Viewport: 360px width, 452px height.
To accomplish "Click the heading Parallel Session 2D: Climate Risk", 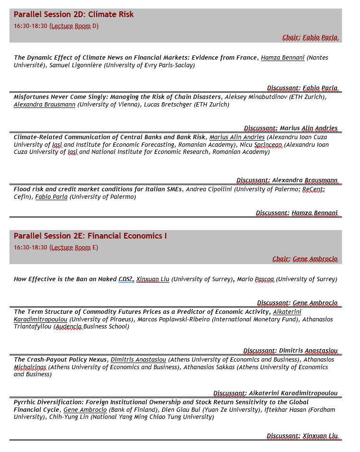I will click(73, 15).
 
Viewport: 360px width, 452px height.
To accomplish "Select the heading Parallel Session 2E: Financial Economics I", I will click(90, 236).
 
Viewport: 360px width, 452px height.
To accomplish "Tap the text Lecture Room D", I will click(74, 26).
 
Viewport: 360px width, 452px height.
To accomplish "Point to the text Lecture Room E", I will click(74, 248).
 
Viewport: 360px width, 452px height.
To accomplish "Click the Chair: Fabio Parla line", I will click(310, 37).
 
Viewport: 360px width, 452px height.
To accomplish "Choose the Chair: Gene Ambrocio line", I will click(305, 259).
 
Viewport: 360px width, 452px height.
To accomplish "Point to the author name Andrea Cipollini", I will click(209, 189).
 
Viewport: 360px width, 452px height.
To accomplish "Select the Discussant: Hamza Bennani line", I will click(297, 213).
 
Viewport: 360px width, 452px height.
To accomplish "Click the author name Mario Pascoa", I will click(255, 279).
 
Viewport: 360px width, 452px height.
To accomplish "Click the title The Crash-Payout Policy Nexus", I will click(60, 360).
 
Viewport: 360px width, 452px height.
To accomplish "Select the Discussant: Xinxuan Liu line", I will click(303, 436).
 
